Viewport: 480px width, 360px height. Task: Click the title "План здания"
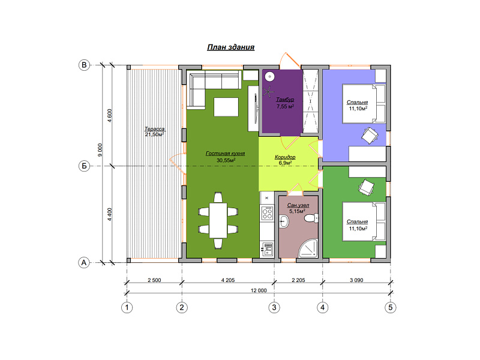(231, 47)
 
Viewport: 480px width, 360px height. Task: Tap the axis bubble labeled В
(84, 65)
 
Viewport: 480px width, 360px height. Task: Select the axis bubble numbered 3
(274, 307)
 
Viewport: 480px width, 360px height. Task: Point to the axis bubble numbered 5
(391, 307)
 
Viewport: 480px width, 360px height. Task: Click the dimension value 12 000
(259, 290)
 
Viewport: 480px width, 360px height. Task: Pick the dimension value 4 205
(228, 280)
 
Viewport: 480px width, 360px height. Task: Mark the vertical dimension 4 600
(110, 116)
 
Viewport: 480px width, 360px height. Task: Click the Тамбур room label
(285, 100)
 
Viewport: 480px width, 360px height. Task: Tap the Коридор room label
(285, 157)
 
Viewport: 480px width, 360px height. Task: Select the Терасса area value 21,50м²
(155, 134)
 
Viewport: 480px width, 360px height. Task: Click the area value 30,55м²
(226, 160)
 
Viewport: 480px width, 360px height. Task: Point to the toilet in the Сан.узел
(311, 218)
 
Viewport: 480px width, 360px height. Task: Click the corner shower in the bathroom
(308, 248)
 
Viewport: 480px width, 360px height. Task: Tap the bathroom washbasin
(284, 221)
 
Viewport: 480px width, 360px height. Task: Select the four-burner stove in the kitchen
(267, 213)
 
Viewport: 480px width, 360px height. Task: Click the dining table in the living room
(218, 220)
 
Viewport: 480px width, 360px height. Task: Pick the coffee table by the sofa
(226, 107)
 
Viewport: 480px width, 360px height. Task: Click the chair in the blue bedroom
(370, 135)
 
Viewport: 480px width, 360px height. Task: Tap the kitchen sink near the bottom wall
(268, 249)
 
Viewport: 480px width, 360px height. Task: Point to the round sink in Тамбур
(269, 77)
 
